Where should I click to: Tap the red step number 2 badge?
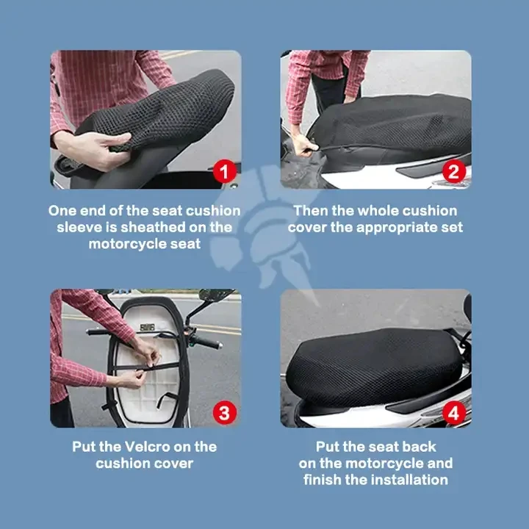(454, 172)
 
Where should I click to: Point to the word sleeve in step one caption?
(80, 227)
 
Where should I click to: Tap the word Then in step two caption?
(312, 211)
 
